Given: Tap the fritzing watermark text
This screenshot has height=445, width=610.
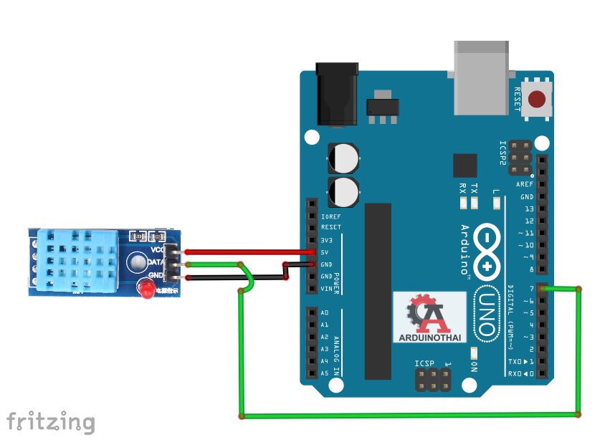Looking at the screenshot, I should [50, 421].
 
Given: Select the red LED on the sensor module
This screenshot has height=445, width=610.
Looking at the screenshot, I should [145, 290].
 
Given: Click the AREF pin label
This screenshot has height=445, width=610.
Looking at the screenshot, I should [525, 184].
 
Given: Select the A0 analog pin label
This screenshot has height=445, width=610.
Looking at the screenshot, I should [325, 313].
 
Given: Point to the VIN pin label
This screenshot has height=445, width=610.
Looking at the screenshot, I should [327, 288].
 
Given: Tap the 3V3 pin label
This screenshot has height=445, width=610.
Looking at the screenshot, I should [327, 239].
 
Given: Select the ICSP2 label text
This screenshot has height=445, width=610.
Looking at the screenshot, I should [503, 153].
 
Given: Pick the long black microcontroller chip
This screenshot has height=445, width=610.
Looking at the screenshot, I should [378, 290].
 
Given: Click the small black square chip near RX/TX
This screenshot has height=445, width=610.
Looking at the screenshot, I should [464, 165].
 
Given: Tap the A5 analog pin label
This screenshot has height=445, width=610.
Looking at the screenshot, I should [325, 373].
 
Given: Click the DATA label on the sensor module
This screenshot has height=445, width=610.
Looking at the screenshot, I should [157, 262].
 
